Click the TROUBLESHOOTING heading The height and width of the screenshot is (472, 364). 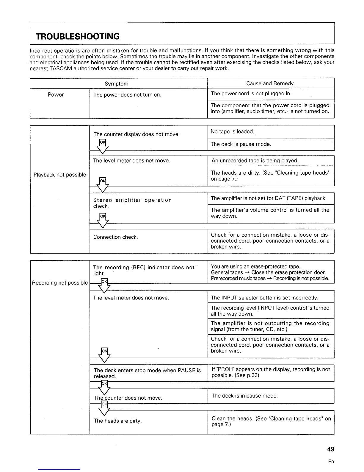(78, 37)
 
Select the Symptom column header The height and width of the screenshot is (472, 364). (117, 84)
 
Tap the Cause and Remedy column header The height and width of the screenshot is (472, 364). (270, 83)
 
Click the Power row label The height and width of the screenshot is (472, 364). (56, 95)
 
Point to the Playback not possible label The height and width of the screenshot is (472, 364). (60, 175)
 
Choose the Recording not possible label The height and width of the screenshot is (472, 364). (60, 283)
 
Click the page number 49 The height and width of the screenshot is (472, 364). (330, 449)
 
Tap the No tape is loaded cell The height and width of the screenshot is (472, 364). (232, 132)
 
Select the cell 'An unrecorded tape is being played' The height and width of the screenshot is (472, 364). (255, 161)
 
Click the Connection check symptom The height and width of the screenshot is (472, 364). (115, 237)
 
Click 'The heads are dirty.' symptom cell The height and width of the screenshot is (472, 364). (118, 421)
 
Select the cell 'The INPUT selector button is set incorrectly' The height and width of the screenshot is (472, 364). (264, 298)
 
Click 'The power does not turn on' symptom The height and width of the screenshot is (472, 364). (127, 95)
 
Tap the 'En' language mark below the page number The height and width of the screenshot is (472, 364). (331, 462)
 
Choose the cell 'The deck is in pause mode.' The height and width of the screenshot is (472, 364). (244, 396)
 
